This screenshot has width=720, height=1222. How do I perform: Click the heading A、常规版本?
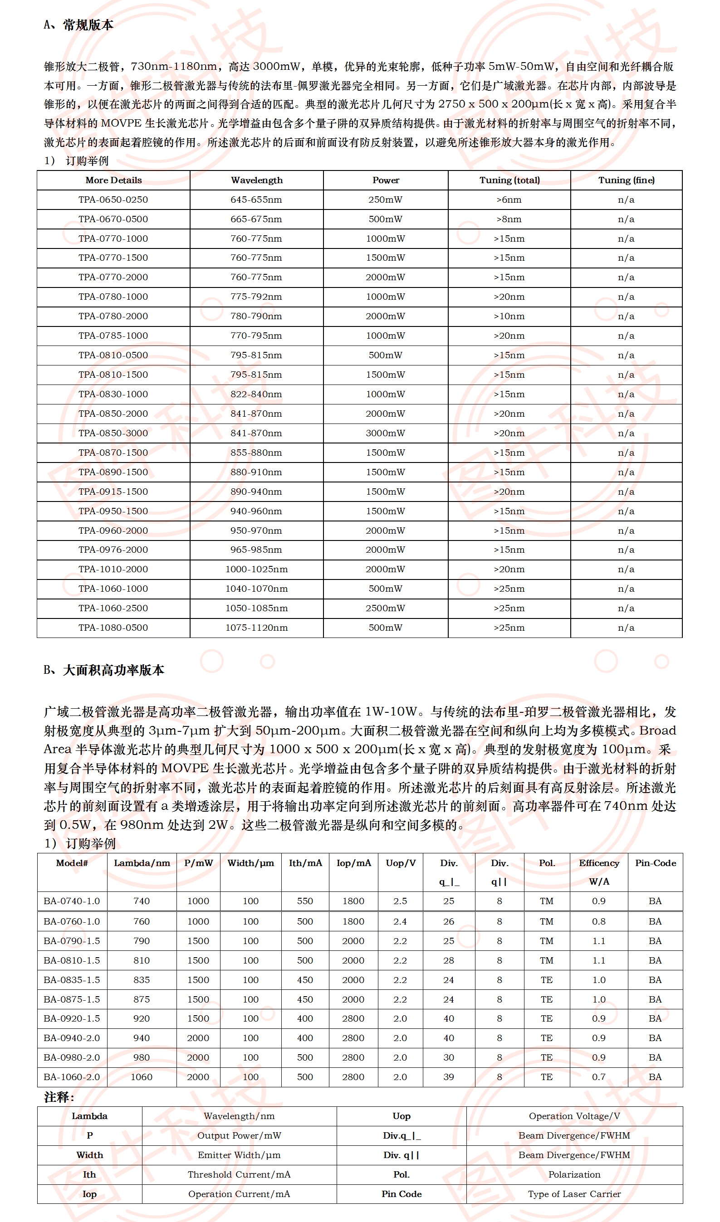[78, 25]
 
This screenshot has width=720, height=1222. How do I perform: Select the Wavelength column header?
[257, 180]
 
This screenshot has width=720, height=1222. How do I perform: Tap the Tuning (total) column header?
[509, 180]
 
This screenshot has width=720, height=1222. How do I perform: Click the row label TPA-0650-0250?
[113, 200]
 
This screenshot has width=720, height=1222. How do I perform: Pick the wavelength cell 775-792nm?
[256, 296]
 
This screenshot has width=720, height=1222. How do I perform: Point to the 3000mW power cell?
[385, 433]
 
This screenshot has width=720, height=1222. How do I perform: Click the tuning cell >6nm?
[509, 200]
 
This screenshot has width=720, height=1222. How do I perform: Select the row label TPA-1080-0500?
[113, 628]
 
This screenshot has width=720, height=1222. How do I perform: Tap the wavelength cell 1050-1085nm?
[256, 608]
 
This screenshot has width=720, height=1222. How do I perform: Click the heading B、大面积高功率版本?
[104, 670]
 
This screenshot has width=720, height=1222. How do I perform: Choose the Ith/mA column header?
[305, 863]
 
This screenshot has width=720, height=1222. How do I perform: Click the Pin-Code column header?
[656, 863]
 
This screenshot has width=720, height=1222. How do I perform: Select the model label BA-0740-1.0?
[72, 901]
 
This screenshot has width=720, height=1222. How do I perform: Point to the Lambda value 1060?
[142, 1076]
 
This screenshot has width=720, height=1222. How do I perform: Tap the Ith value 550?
[305, 901]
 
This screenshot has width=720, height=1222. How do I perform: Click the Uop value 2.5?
[400, 901]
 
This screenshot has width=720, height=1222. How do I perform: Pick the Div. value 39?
[449, 1076]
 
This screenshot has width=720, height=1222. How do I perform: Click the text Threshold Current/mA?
[239, 1174]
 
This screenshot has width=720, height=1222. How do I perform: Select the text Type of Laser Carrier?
[574, 1194]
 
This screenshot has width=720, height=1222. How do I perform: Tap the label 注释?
[59, 1097]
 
